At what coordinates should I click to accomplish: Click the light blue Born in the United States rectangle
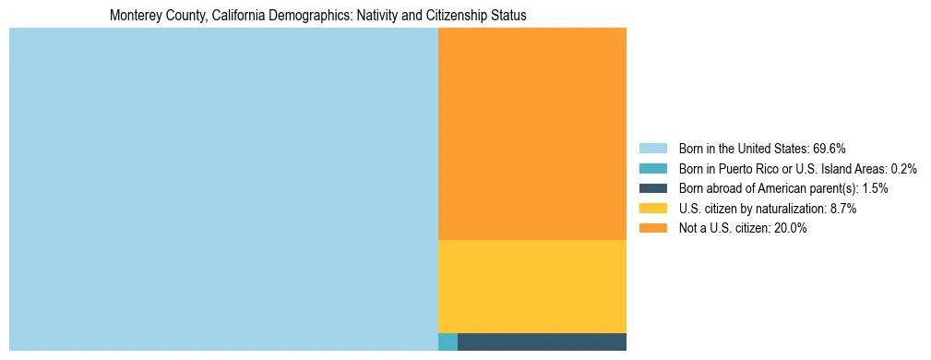[223, 189]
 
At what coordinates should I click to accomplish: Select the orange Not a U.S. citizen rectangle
[532, 134]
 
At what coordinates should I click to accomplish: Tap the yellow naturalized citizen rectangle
[532, 286]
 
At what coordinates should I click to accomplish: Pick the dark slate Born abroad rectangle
[542, 342]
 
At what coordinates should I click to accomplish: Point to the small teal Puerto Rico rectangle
[448, 342]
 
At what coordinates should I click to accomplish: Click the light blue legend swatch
[652, 148]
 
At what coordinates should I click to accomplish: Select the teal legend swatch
[652, 168]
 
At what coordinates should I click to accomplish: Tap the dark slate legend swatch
[652, 188]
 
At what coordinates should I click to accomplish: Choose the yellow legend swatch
[652, 209]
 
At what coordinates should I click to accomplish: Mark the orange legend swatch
[652, 229]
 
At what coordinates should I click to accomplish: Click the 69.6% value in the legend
[830, 148]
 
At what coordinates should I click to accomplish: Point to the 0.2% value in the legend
[903, 168]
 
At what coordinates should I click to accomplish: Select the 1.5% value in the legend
[876, 188]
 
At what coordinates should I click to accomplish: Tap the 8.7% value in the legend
[841, 209]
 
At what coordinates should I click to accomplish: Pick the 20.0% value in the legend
[790, 229]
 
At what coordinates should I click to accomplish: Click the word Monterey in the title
[133, 17]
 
